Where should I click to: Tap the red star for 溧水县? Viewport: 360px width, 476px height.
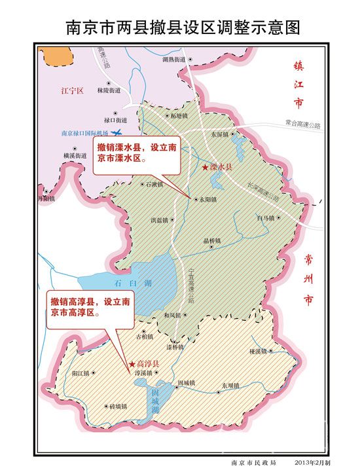click(206, 168)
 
